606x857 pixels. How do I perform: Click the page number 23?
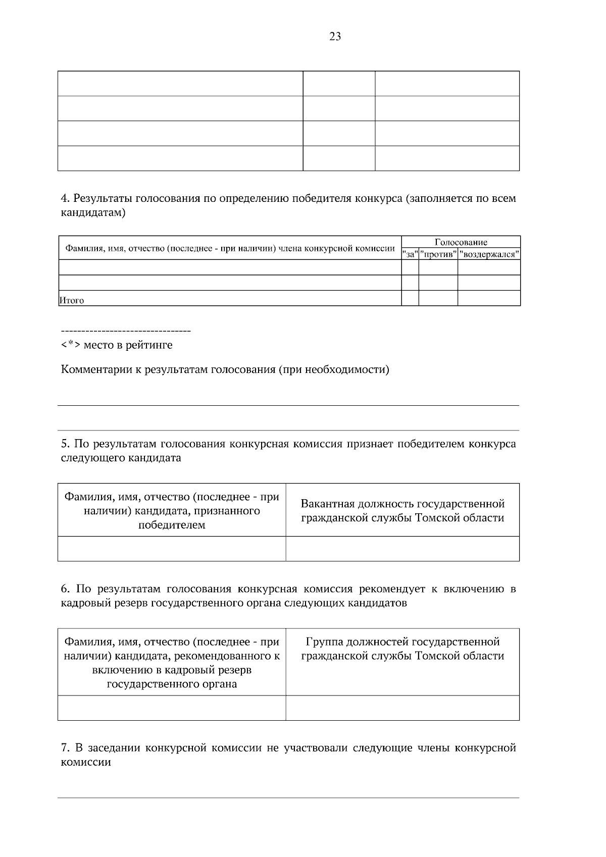tap(335, 36)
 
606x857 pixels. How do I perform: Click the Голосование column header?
tap(461, 242)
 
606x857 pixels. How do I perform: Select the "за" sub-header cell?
tap(410, 254)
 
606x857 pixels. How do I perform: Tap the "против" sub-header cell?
tap(438, 254)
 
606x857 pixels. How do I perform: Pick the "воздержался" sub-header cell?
tap(489, 254)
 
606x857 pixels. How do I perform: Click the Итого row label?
tap(72, 301)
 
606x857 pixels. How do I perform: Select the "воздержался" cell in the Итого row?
tap(489, 298)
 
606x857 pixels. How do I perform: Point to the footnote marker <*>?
tap(70, 345)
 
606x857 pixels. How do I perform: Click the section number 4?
tap(64, 198)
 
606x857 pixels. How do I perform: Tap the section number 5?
tap(64, 444)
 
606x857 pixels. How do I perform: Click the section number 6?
tap(64, 589)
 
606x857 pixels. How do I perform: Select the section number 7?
tap(64, 748)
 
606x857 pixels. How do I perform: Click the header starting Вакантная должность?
tap(402, 511)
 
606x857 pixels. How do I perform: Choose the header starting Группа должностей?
tap(402, 649)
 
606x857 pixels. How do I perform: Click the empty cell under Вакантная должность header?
tap(402, 549)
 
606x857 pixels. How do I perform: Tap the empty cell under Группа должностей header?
tap(402, 708)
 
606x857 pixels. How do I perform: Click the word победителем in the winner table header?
tap(172, 525)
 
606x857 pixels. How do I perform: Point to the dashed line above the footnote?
tap(125, 332)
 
